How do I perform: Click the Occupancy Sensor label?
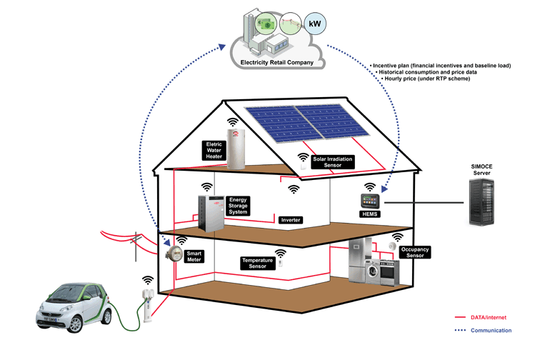415,253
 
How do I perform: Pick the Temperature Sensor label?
257,264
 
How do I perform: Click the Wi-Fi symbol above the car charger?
148,281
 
